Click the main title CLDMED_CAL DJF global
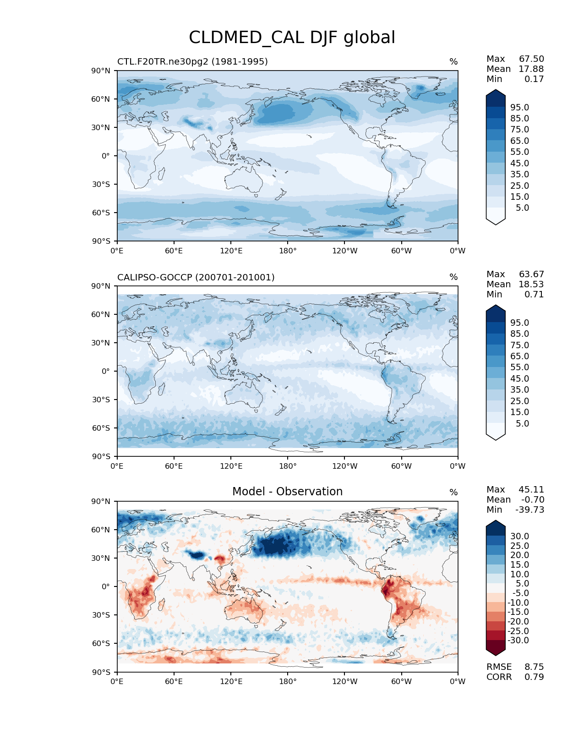pyautogui.click(x=292, y=38)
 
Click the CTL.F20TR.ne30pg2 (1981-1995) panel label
pyautogui.click(x=192, y=61)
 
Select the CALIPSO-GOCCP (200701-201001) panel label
pyautogui.click(x=196, y=277)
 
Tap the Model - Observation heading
pyautogui.click(x=287, y=492)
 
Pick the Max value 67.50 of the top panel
pyautogui.click(x=531, y=59)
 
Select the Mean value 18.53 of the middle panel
pyautogui.click(x=531, y=284)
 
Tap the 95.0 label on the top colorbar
pyautogui.click(x=519, y=107)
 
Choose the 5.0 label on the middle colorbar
pyautogui.click(x=522, y=423)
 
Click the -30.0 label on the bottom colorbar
pyautogui.click(x=518, y=640)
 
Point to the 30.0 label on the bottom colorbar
pyautogui.click(x=519, y=536)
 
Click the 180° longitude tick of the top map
pyautogui.click(x=288, y=251)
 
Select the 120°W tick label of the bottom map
pyautogui.click(x=344, y=681)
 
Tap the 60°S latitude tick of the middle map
pyautogui.click(x=101, y=428)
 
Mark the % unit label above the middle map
pyautogui.click(x=453, y=277)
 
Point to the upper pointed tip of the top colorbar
pyautogui.click(x=496, y=90)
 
